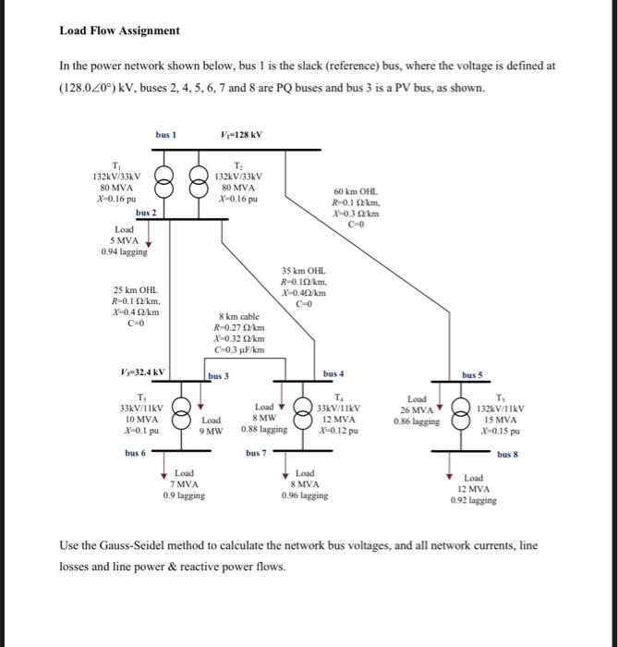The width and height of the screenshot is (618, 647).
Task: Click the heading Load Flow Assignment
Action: pyautogui.click(x=120, y=31)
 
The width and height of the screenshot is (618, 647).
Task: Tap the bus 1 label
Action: pyautogui.click(x=165, y=135)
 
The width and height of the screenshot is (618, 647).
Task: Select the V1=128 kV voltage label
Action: pyautogui.click(x=243, y=135)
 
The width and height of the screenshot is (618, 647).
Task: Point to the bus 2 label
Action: pyautogui.click(x=146, y=213)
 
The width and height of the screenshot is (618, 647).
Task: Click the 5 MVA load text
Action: pyautogui.click(x=123, y=239)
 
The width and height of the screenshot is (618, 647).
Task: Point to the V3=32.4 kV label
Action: pyautogui.click(x=142, y=373)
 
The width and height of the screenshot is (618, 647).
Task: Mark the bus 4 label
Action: pyautogui.click(x=333, y=373)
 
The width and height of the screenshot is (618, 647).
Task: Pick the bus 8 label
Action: pyautogui.click(x=507, y=455)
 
